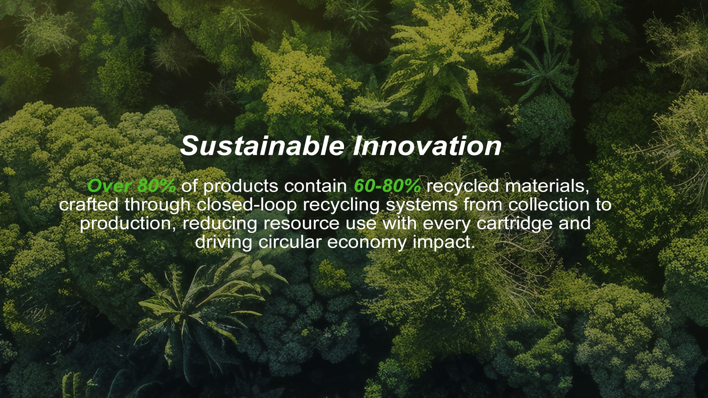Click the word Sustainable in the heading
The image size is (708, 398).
(262, 146)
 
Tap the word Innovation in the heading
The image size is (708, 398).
(427, 146)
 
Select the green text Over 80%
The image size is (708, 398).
(131, 186)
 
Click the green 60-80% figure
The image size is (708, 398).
(387, 186)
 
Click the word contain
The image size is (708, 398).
(316, 186)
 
